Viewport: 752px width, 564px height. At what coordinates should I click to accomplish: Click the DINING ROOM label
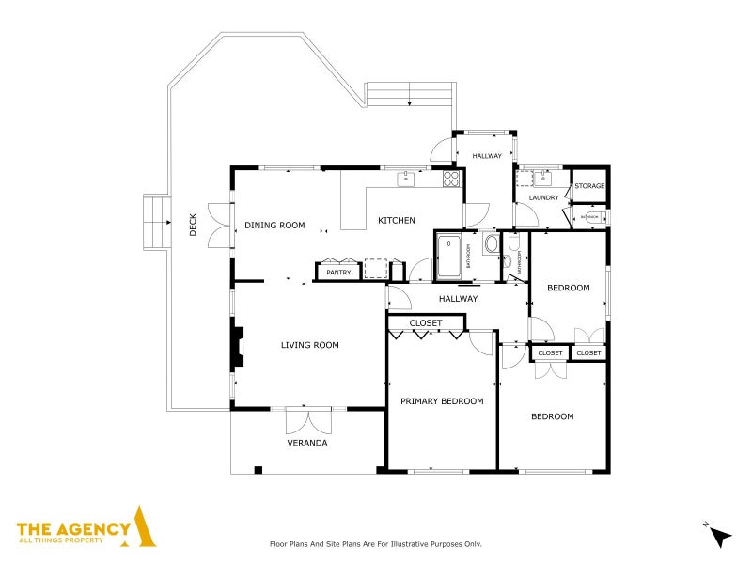[275, 225]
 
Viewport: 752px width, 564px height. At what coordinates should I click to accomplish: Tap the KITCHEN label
[396, 221]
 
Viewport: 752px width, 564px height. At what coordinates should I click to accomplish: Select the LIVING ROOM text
[309, 345]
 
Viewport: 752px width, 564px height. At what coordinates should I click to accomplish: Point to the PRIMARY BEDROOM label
[442, 401]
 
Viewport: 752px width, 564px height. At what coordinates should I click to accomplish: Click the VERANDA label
[307, 443]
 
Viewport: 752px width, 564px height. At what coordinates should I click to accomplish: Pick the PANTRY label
[338, 273]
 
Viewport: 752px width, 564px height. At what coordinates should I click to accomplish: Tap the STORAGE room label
[589, 186]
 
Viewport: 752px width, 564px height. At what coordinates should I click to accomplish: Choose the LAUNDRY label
[543, 197]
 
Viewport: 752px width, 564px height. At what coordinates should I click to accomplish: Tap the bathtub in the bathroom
[449, 255]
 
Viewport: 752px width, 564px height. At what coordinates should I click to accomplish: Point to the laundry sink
[542, 178]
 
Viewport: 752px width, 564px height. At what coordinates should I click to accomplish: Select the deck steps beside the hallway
[409, 94]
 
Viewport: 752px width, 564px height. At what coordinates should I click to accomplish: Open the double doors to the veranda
[307, 419]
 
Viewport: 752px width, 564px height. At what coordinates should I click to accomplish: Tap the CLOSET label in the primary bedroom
[426, 323]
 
